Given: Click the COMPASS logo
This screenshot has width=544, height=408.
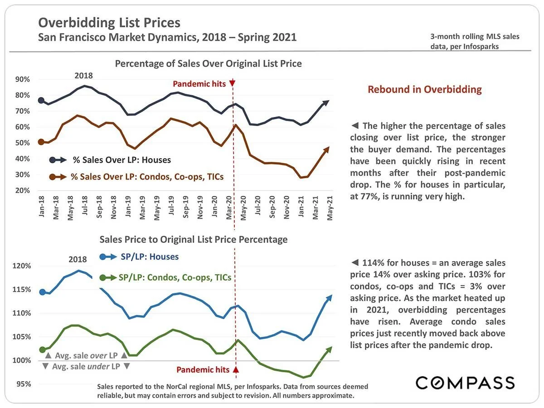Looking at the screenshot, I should coord(465,383).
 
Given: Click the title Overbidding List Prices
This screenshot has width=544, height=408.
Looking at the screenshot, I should coord(109,23).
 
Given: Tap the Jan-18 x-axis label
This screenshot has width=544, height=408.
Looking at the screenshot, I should coord(42,209).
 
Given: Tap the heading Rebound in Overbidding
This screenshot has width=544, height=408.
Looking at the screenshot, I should coord(424,89).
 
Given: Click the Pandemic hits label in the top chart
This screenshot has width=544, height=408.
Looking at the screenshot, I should coord(199,84).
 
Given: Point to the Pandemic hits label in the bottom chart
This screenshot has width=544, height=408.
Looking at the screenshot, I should coord(203,369).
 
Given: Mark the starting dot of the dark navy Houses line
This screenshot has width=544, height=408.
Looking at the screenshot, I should coord(41,101).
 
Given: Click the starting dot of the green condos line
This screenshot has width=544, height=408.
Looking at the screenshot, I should coord(43,350).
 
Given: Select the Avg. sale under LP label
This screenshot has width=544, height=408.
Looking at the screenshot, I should coord(86,366).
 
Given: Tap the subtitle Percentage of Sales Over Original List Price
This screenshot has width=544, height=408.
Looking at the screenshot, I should coord(208,63).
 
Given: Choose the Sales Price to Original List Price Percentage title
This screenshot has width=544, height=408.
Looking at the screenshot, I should coord(193,239).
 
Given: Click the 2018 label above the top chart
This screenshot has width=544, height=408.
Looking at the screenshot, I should coord(83,76).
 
